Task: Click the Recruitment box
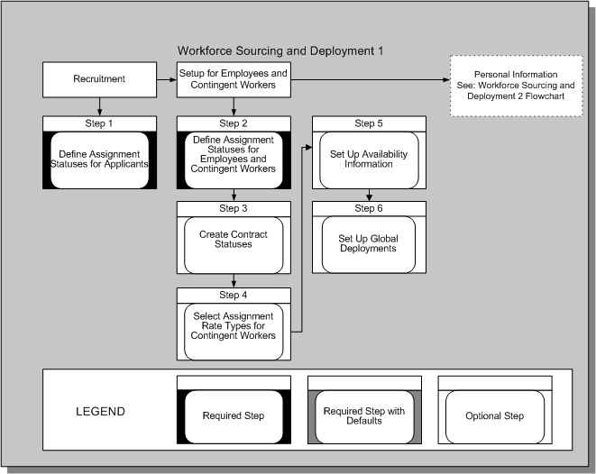tap(99, 79)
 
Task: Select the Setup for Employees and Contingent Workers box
tap(234, 79)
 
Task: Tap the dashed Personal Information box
tap(517, 85)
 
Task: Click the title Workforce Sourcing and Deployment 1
tap(280, 51)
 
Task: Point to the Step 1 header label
tap(99, 123)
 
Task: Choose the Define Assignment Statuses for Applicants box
tap(99, 160)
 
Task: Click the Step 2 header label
tap(234, 123)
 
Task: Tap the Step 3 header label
tap(234, 209)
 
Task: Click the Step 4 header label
tap(234, 295)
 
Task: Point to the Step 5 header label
tap(368, 123)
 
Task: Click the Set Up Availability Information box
tap(368, 159)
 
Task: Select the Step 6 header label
tap(368, 209)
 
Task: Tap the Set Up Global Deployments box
tap(368, 244)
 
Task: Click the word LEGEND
tap(101, 412)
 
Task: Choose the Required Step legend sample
tap(234, 416)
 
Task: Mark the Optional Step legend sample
tap(495, 416)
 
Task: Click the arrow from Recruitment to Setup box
tap(166, 79)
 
